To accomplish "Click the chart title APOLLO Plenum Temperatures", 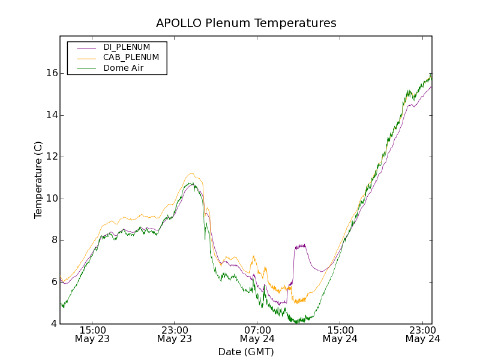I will click(246, 23).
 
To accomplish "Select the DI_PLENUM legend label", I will click(127, 47).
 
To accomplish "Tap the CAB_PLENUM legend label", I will click(131, 58).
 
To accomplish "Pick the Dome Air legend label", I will click(123, 68).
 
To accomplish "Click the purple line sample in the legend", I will click(84, 47).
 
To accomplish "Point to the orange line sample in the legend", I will click(84, 58).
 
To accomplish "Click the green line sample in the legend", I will click(84, 68).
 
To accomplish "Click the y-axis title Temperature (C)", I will click(38, 180).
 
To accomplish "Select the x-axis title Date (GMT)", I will click(246, 352).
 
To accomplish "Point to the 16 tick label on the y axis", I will click(51, 73).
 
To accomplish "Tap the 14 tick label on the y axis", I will click(51, 115).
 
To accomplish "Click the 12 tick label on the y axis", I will click(51, 157).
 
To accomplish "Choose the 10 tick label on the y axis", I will click(51, 199).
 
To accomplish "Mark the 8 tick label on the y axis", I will click(53, 240).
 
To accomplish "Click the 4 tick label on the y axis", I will click(53, 324).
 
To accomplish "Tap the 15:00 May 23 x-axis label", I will click(92, 334).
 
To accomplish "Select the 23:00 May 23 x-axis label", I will click(175, 334).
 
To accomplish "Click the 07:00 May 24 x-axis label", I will click(257, 334).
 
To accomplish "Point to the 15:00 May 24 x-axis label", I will click(340, 334).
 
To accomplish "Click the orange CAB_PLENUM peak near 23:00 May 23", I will click(191, 174).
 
